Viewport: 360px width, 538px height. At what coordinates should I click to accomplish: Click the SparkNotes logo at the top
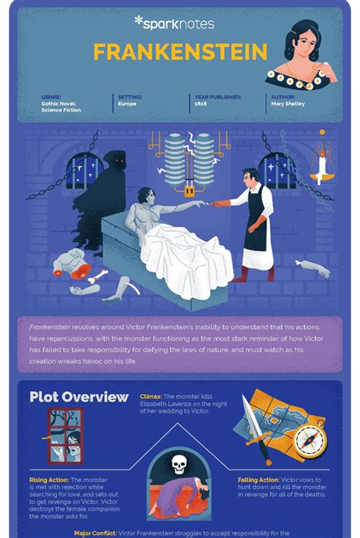point(175,24)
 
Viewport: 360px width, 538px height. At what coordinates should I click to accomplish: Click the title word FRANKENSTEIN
point(179,52)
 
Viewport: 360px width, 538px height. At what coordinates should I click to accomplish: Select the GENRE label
point(52,97)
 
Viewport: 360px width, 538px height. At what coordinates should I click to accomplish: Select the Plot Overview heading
point(79,397)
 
